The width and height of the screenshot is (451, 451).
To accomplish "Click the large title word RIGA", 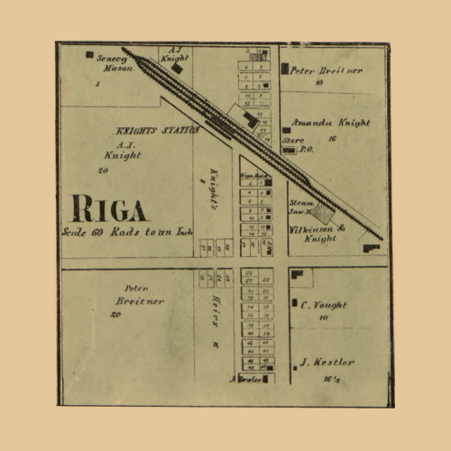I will pyautogui.click(x=109, y=210).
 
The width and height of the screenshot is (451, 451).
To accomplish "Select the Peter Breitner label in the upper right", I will pyautogui.click(x=326, y=70).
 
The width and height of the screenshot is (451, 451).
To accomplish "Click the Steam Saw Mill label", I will pyautogui.click(x=301, y=208).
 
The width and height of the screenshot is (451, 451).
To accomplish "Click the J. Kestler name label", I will pyautogui.click(x=327, y=363).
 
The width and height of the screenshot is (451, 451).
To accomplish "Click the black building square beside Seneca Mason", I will pyautogui.click(x=89, y=55).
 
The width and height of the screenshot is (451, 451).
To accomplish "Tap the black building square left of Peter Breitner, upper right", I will pyautogui.click(x=285, y=69).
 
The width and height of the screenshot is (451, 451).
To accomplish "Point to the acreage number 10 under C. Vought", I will pyautogui.click(x=323, y=318).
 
